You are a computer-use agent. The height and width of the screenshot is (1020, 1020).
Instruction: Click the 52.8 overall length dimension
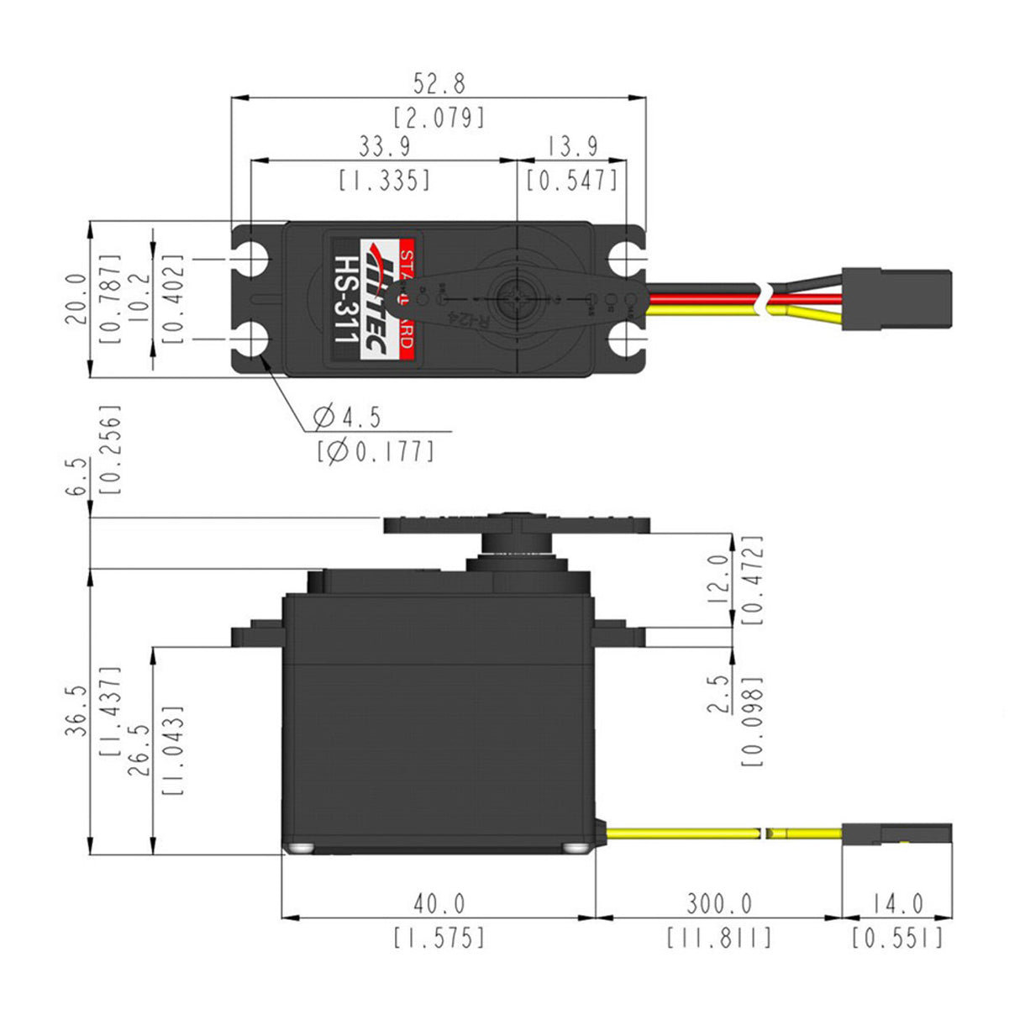coord(439,83)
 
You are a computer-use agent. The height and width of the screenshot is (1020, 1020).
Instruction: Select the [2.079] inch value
coord(439,117)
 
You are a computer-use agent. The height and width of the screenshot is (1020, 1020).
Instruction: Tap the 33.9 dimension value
coord(385,146)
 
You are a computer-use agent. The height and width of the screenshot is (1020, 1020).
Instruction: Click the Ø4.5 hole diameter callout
coord(347,416)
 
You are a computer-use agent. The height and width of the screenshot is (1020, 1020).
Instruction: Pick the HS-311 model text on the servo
coord(345,299)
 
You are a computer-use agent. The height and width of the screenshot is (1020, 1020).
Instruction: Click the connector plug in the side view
coord(896,834)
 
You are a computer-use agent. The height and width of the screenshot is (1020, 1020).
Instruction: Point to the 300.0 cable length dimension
coord(719,904)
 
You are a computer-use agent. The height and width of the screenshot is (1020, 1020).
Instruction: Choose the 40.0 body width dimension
coord(439,904)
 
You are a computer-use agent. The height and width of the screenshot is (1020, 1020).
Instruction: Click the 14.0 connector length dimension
coord(896,904)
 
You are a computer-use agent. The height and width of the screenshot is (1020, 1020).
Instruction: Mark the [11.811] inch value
coord(719,938)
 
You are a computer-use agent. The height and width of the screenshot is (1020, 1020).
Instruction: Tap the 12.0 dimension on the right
coord(719,579)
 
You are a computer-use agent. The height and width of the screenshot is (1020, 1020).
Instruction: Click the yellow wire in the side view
coord(681,833)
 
